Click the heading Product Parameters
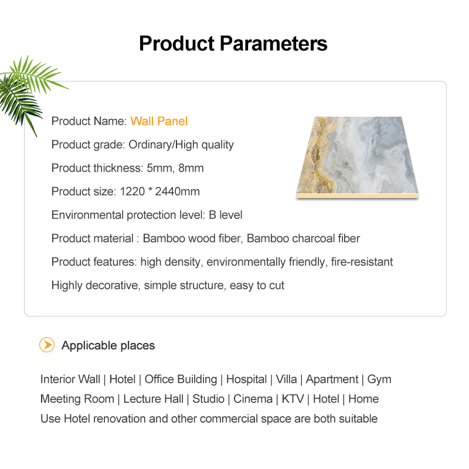tap(233, 43)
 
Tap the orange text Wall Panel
tap(159, 121)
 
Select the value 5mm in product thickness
tap(159, 168)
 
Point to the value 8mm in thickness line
tap(191, 168)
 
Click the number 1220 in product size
tap(132, 192)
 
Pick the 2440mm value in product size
tap(178, 192)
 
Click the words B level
tap(225, 215)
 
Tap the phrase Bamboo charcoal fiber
tap(303, 239)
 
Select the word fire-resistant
tap(362, 261)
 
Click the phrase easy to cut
tap(257, 286)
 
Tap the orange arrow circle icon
tap(47, 345)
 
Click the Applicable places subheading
tap(108, 345)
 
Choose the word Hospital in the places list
tap(246, 379)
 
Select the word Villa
tap(286, 379)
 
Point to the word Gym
tap(379, 379)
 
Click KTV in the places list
tap(293, 399)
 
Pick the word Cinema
tap(253, 399)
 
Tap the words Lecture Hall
tap(153, 399)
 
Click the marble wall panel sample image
tap(357, 157)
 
